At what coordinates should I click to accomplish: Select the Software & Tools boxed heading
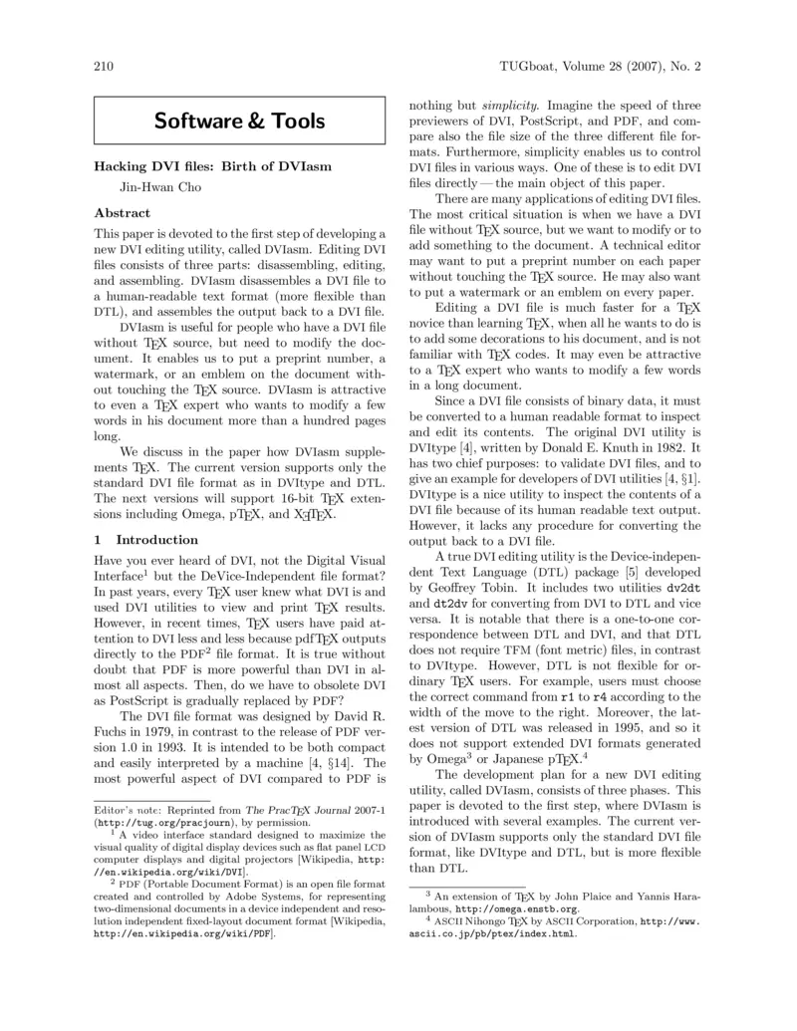(x=239, y=122)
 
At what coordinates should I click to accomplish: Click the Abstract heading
(x=123, y=213)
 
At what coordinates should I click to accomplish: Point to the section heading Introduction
(x=146, y=540)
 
